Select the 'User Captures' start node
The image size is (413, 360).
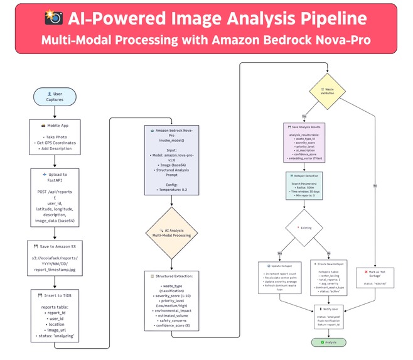(x=54, y=97)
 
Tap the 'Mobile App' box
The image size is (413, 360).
(x=54, y=138)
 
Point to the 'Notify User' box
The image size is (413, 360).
(x=331, y=316)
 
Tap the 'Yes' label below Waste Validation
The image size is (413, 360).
(x=304, y=117)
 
